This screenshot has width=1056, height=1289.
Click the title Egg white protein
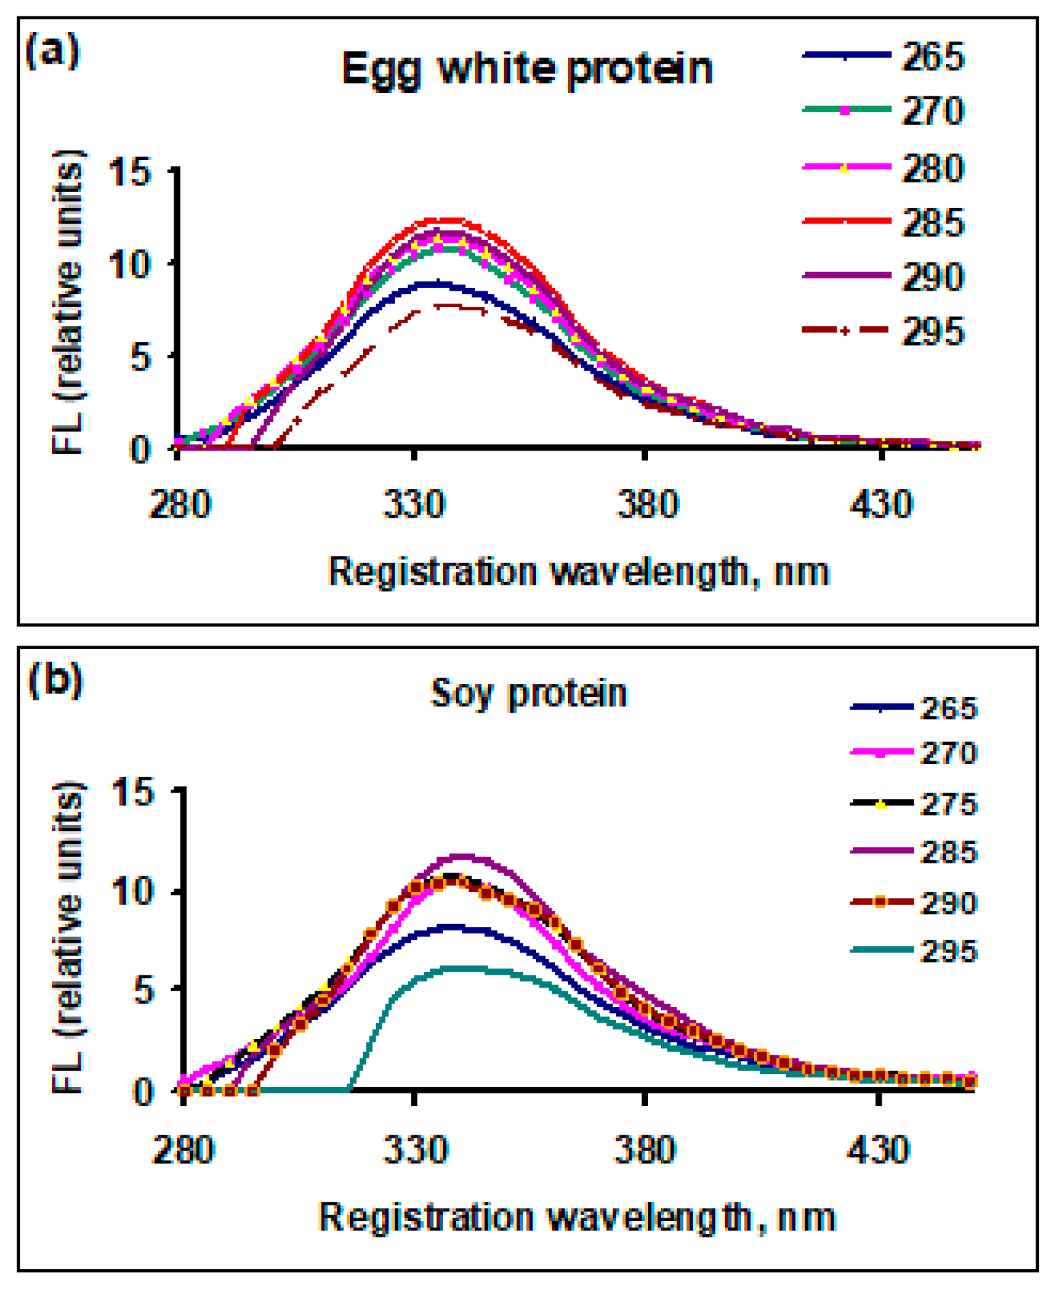pos(527,69)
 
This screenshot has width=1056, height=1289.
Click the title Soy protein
pos(529,693)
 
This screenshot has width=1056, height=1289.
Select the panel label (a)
pos(51,51)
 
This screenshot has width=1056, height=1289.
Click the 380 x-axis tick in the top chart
pos(646,504)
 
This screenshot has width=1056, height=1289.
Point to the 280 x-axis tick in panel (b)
pos(183,1150)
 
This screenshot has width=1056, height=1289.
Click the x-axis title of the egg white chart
pos(579,572)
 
